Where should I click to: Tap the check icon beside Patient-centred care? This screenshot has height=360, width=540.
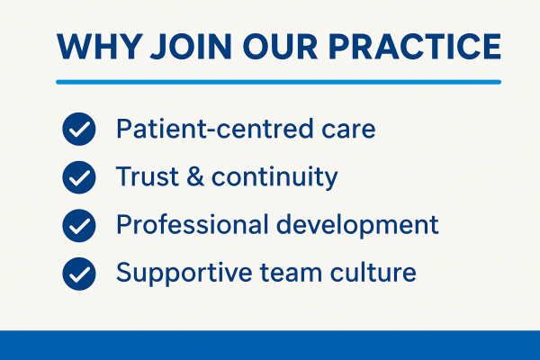point(79,130)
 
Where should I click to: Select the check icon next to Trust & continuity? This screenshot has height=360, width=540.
point(79,177)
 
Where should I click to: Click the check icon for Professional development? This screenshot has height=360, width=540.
point(79,225)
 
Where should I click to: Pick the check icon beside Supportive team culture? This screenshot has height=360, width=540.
point(79,272)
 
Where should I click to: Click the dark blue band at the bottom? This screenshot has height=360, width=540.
point(270,346)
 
